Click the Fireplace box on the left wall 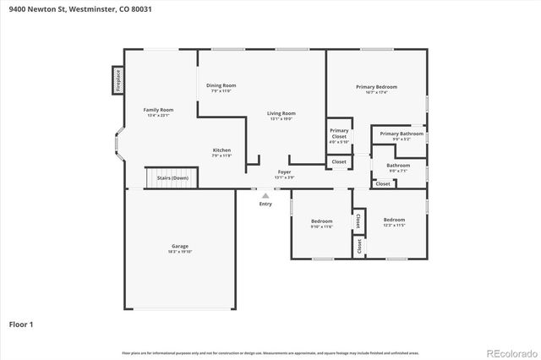117,80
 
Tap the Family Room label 158,111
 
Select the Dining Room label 221,86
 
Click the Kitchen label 221,151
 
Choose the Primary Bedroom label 376,88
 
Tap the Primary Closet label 339,134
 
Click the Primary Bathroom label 402,134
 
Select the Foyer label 285,173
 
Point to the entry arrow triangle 265,195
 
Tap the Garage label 180,248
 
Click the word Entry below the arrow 265,204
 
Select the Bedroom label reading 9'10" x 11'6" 322,222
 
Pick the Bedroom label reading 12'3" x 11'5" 394,221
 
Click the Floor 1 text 21,324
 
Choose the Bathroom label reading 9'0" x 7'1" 398,166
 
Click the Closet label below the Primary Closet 339,161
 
